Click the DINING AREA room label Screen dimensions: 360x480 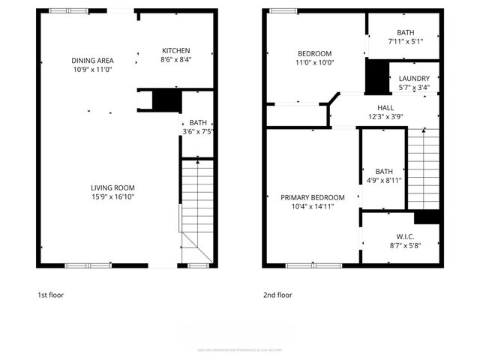(x=92, y=61)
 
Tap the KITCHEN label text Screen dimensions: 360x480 (x=176, y=51)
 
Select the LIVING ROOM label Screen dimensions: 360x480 (x=112, y=187)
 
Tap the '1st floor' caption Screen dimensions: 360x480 (x=50, y=295)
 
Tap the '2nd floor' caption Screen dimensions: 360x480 (x=277, y=295)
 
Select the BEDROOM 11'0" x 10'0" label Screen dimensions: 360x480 (x=315, y=53)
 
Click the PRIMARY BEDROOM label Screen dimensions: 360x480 (x=313, y=197)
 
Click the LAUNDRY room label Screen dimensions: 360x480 (x=414, y=79)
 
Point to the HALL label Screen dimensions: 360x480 (x=385, y=107)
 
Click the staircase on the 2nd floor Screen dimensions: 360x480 (x=422, y=169)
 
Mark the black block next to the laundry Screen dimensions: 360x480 (x=376, y=76)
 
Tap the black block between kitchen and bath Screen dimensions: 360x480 (x=166, y=100)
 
